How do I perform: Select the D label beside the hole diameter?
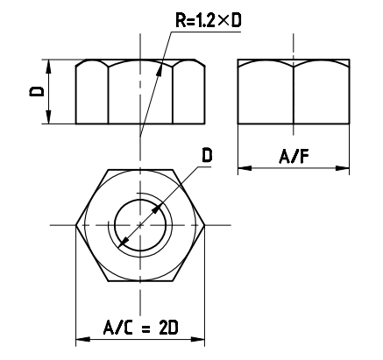click(x=207, y=155)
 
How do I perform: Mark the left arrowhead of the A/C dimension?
click(x=82, y=339)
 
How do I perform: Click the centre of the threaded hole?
click(x=140, y=225)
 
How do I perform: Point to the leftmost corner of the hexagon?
click(x=76, y=225)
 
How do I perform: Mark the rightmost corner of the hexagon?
click(x=205, y=225)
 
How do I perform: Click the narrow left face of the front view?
click(x=92, y=96)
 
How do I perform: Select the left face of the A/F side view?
click(x=266, y=96)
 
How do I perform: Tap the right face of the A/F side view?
click(x=320, y=96)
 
